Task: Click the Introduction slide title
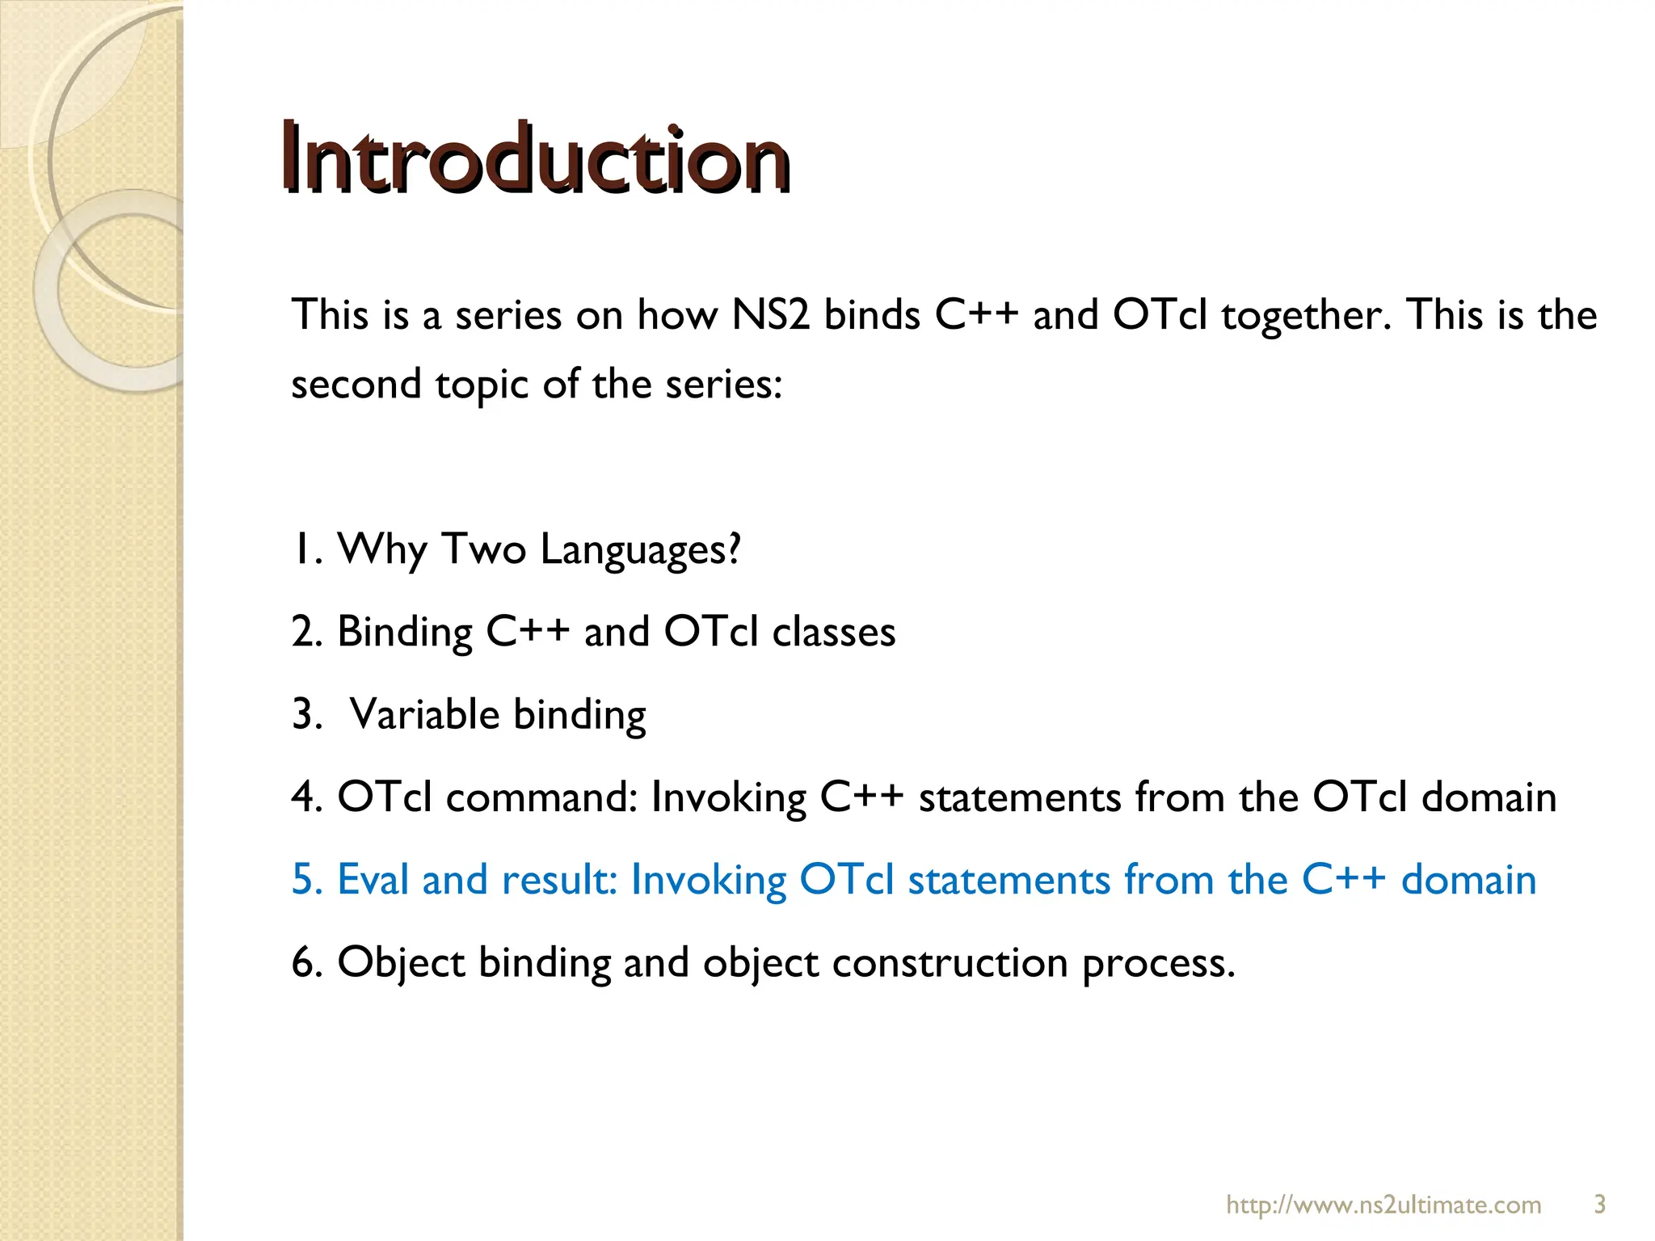point(535,159)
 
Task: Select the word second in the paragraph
point(356,384)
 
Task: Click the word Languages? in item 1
point(640,550)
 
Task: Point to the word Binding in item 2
point(404,633)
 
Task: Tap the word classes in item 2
point(833,633)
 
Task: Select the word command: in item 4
point(541,798)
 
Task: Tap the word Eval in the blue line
point(373,879)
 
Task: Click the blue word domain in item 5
point(1468,879)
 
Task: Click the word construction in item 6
point(950,963)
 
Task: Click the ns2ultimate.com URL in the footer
point(1383,1205)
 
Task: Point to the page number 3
point(1599,1205)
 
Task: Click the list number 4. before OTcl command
point(307,798)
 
